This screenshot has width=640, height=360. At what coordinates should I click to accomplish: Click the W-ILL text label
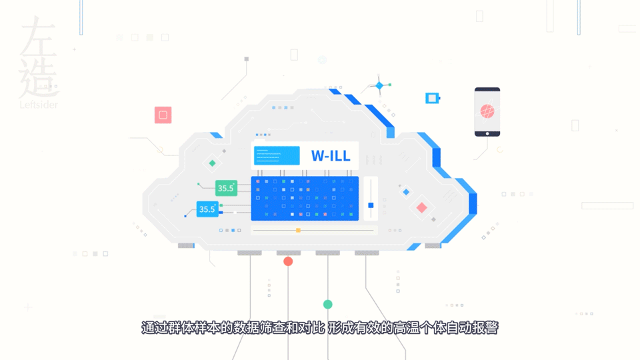(331, 155)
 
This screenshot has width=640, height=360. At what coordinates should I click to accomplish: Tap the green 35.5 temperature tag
(226, 188)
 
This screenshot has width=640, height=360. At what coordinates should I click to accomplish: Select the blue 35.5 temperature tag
(207, 209)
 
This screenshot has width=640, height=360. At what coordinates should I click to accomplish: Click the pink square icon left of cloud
(163, 115)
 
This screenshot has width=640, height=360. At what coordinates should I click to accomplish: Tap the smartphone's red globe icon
(487, 111)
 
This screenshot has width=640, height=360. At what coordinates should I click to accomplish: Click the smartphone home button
(487, 133)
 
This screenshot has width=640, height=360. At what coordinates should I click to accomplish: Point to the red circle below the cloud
(288, 261)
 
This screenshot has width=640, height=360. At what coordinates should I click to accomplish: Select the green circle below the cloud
(328, 304)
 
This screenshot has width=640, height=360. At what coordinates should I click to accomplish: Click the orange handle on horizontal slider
(299, 231)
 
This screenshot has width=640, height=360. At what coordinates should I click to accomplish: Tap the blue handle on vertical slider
(371, 205)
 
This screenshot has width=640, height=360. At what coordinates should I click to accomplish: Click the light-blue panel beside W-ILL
(277, 155)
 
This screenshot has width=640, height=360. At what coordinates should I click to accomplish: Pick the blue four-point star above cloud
(379, 86)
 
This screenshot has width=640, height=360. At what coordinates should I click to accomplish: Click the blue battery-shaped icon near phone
(433, 99)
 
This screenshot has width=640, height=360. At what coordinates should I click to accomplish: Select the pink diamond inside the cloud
(421, 208)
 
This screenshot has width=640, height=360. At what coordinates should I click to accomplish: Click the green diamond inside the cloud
(212, 163)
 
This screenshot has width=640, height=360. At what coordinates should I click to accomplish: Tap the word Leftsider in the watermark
(39, 105)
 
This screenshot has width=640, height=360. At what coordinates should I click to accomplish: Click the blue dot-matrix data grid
(305, 199)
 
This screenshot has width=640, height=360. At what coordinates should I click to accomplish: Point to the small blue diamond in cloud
(406, 192)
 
